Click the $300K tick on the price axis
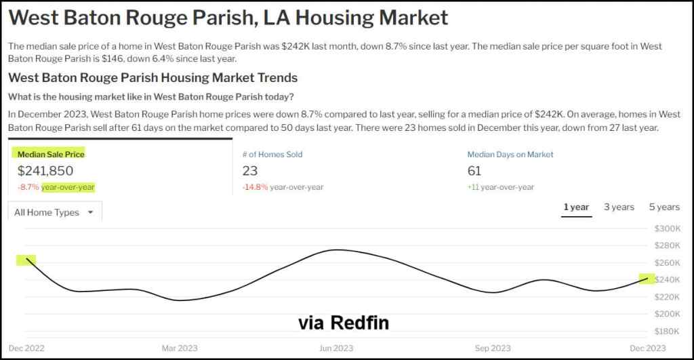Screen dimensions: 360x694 pos(666,228)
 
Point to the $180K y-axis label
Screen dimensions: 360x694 pos(666,331)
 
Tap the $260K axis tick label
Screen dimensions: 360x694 pos(666,262)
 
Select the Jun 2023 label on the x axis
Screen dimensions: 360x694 pos(335,348)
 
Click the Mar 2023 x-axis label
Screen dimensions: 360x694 pos(180,348)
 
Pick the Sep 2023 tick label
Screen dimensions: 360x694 pos(492,348)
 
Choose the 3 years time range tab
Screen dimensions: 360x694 pos(619,207)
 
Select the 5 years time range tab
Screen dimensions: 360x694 pos(664,207)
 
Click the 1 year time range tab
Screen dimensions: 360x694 pos(576,207)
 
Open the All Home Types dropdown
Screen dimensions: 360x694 pos(55,212)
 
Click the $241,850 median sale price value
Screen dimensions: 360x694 pos(45,171)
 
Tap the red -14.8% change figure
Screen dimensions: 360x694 pos(255,187)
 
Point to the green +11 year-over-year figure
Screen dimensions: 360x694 pos(473,187)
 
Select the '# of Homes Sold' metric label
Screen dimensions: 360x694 pos(272,155)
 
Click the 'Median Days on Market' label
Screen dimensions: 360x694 pos(510,155)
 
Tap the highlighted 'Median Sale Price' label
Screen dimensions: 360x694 pos(51,155)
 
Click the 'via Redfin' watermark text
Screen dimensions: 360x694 pos(344,323)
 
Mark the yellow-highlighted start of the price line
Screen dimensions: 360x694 pos(29,259)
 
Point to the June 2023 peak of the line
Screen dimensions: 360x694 pos(337,249)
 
